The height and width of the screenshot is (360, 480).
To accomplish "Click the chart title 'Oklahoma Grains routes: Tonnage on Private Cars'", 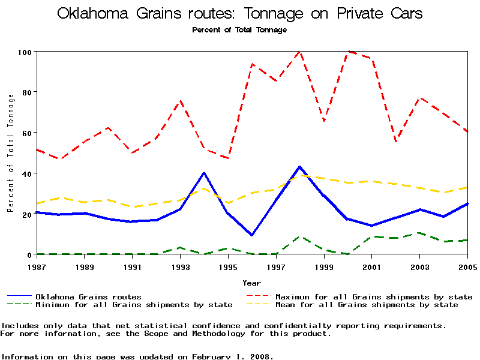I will click(239, 13).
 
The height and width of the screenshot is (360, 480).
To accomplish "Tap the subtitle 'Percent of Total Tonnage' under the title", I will click(239, 29).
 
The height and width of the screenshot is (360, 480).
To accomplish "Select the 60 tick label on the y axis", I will click(26, 133).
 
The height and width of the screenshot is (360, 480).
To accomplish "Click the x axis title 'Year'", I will click(251, 283).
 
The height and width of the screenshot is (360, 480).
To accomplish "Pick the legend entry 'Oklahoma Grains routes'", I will click(88, 296).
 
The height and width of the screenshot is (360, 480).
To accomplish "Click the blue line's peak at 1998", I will click(300, 167).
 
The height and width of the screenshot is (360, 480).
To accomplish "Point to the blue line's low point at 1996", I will click(252, 235).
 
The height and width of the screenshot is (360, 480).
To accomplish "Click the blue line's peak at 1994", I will click(204, 173).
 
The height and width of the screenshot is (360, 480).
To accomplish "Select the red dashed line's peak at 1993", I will click(180, 101).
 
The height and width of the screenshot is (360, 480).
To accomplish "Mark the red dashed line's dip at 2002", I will click(396, 142).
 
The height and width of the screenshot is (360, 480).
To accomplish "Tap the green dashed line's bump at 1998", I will click(300, 237).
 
